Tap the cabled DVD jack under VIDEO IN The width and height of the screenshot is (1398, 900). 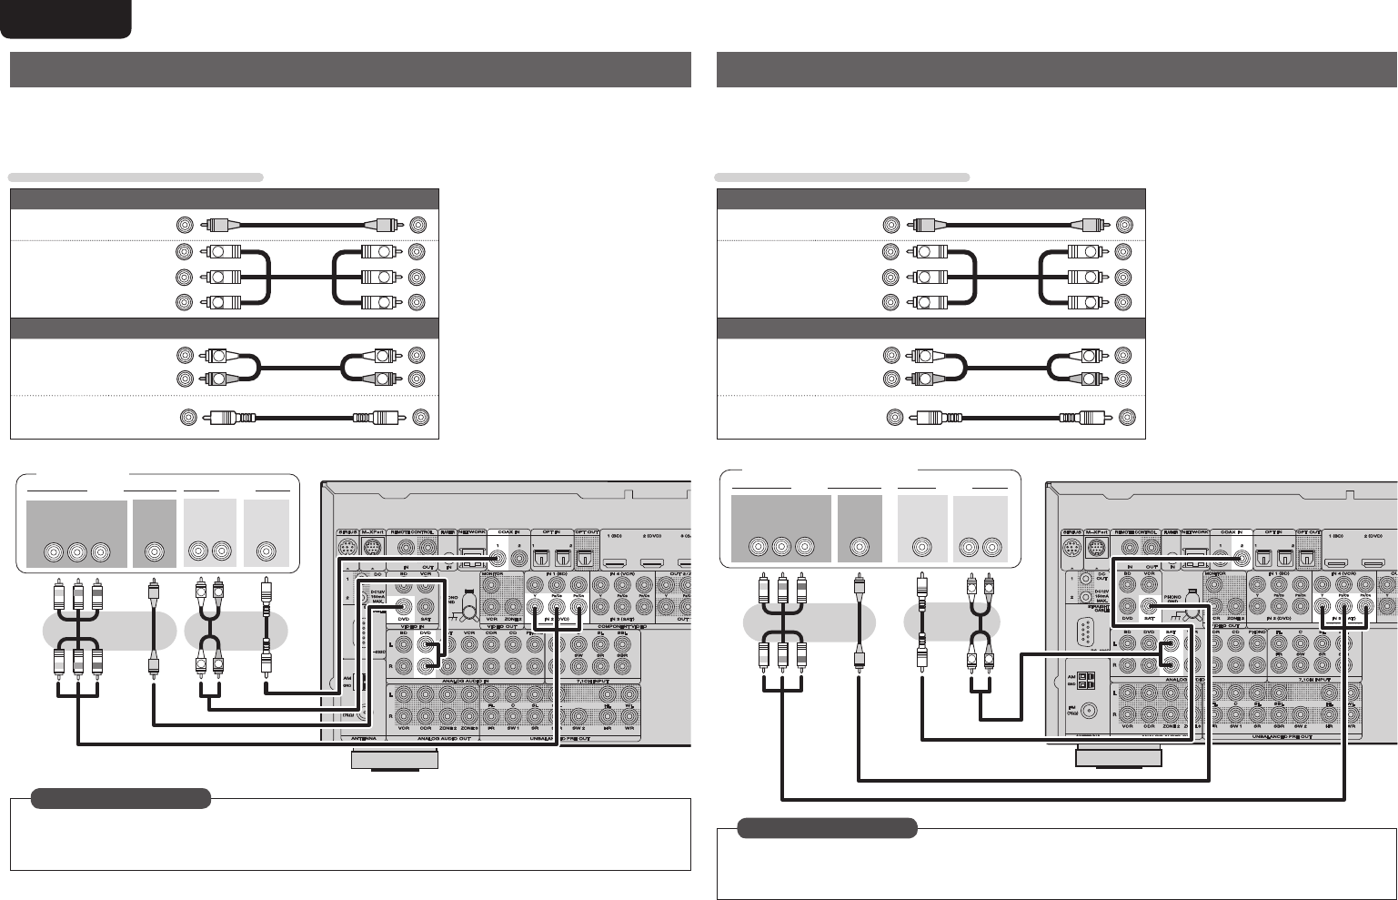[425, 608]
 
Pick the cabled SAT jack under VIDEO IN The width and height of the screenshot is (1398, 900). [1150, 608]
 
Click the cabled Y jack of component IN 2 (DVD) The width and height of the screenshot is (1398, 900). [531, 609]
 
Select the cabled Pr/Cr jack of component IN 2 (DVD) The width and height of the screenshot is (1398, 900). [576, 609]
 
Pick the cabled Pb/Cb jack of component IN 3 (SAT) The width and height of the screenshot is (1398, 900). [1343, 609]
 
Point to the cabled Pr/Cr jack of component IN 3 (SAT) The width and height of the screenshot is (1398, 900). [1364, 609]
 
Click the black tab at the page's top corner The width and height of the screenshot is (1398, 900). [65, 18]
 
